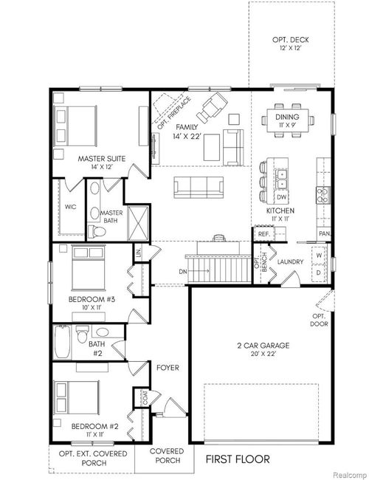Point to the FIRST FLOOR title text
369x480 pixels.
(238, 459)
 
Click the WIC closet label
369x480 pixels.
(71, 208)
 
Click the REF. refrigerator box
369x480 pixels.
(263, 233)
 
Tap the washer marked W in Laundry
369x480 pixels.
(319, 256)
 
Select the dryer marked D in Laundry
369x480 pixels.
(319, 272)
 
